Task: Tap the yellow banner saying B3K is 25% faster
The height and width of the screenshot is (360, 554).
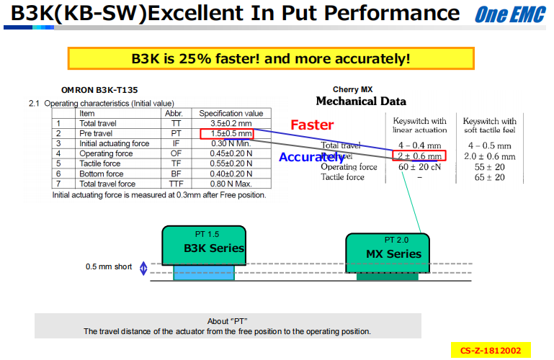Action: (271, 58)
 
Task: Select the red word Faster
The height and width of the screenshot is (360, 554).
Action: (312, 125)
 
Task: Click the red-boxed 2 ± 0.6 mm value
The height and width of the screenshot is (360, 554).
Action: (419, 156)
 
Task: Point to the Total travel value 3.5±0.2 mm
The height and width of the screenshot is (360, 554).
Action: (231, 124)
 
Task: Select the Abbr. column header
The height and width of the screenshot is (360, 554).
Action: (174, 114)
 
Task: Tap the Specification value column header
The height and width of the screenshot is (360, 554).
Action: (231, 114)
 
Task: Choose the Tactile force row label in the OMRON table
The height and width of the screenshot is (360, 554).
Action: (102, 163)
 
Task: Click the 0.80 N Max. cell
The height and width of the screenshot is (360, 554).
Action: (231, 184)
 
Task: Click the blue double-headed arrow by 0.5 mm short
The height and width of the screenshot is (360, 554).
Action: (143, 268)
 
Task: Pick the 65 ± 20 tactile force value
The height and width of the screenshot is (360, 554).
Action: (490, 177)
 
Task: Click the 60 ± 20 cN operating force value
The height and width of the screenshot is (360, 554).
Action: (419, 167)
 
